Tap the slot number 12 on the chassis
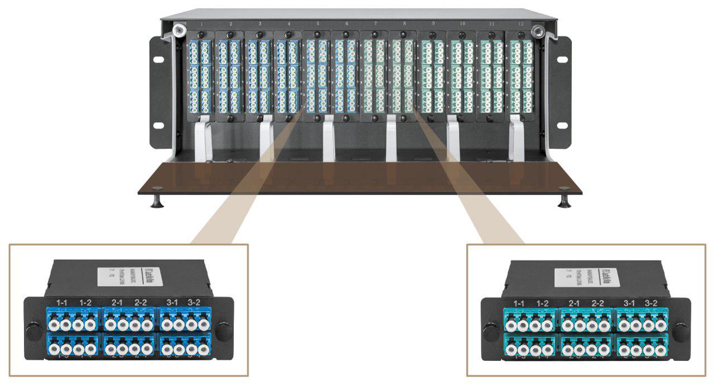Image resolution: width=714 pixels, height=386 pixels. coord(521,25)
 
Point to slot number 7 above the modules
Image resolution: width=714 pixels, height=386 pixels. coord(375,25)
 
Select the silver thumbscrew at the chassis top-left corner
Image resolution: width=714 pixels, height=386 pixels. coord(179,30)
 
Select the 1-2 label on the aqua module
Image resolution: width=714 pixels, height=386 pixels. coord(542,303)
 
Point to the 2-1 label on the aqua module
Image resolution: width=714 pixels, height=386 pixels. coord(574,303)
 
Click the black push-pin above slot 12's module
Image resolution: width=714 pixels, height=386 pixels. coord(521,35)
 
